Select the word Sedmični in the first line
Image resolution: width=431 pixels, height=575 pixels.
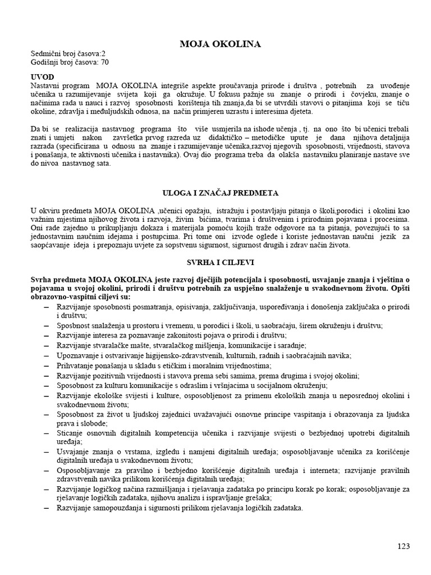(47, 54)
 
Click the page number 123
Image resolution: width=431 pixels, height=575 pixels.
(404, 546)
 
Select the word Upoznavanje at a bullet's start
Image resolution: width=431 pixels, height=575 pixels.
(79, 355)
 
